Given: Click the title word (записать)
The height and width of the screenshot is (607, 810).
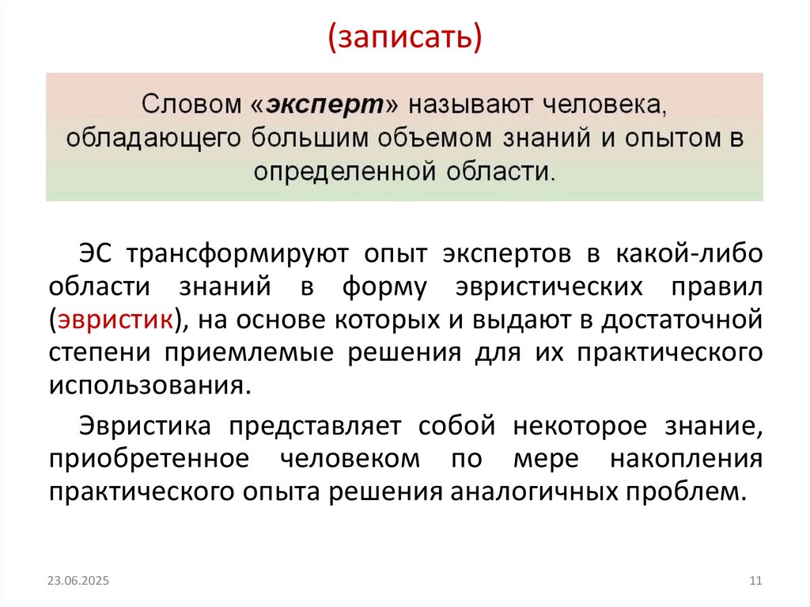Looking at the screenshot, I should point(404,37).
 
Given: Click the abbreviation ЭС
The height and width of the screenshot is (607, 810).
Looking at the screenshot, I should point(97,255).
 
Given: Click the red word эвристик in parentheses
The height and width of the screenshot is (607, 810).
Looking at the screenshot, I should point(113,321).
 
